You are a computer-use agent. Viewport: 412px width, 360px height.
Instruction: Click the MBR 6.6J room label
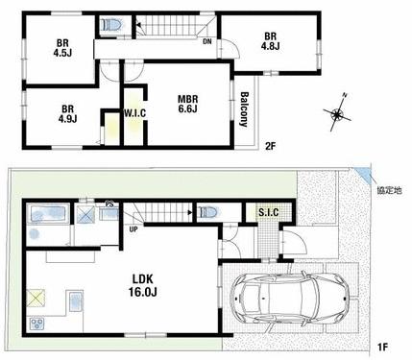[x=188, y=104]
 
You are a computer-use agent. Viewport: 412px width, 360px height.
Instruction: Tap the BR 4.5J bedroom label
[x=62, y=48]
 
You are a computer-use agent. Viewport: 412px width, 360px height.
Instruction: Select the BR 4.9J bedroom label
[x=67, y=114]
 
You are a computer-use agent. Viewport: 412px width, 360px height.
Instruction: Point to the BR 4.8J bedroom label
[x=270, y=41]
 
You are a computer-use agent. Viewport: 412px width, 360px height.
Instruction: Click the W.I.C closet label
[x=134, y=113]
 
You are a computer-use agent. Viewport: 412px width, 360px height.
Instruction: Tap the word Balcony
[x=244, y=109]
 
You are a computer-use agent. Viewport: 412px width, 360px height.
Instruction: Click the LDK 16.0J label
[x=143, y=285]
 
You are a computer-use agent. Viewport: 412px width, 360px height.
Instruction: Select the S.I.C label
[x=269, y=212]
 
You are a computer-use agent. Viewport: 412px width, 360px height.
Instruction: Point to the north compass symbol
[x=338, y=112]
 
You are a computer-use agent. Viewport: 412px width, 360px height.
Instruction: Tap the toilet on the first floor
[x=208, y=212]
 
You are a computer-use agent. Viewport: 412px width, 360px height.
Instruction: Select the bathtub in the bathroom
[x=49, y=213]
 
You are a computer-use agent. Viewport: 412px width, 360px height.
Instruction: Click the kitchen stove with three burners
[x=37, y=324]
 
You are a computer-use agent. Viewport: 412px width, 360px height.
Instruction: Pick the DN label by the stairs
[x=207, y=41]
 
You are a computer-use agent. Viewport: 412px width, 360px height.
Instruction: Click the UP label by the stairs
[x=133, y=229]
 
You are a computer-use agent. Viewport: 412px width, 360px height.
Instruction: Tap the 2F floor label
[x=271, y=146]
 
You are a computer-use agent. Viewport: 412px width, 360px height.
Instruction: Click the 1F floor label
[x=383, y=347]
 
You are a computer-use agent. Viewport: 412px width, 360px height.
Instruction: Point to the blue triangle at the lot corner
[x=364, y=173]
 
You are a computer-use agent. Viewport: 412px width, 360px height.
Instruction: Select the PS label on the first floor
[x=109, y=204]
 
